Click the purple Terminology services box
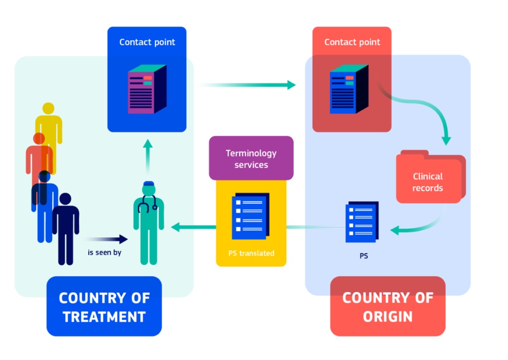click(251, 158)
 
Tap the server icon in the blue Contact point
click(147, 89)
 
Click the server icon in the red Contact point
click(349, 89)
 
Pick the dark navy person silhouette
click(65, 228)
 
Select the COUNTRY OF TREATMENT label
click(104, 307)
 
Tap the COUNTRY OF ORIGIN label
click(387, 307)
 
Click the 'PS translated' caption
click(251, 253)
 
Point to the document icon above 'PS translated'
click(251, 215)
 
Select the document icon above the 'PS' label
click(362, 221)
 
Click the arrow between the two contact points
click(248, 85)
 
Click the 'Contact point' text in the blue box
click(147, 42)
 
